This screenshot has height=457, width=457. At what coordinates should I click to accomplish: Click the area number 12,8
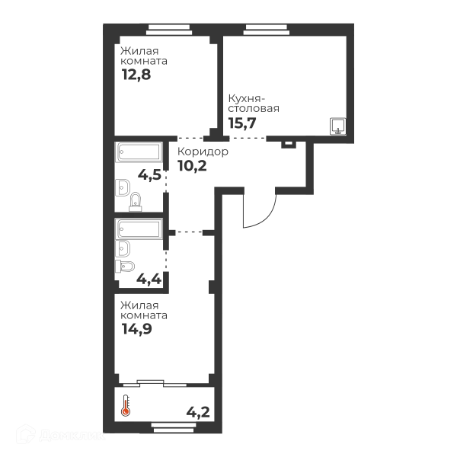136,75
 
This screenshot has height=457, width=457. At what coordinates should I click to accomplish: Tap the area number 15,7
242,123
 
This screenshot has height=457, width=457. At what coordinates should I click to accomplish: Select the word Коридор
203,152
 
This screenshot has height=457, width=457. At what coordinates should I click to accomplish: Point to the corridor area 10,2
193,166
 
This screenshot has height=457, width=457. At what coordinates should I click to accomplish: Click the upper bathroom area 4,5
149,175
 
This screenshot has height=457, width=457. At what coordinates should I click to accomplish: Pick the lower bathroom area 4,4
149,280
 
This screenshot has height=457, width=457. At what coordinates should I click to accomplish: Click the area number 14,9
137,329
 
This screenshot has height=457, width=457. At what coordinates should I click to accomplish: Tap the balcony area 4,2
198,412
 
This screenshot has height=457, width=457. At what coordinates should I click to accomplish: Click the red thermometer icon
126,405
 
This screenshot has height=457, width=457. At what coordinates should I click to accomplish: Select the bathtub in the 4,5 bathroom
139,152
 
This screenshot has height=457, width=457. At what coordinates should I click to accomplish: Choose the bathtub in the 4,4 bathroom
139,228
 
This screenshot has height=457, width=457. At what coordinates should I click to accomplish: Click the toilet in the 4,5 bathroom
136,202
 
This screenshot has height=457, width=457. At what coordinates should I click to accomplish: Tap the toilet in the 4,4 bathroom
126,266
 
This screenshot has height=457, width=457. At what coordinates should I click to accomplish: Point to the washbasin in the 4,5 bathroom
123,187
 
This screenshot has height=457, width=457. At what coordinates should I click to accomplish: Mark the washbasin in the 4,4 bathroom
123,248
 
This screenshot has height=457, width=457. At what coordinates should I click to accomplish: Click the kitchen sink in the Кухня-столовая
337,126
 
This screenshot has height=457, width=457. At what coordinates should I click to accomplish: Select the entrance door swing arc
264,216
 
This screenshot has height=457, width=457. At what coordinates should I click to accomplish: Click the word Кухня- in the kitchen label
244,99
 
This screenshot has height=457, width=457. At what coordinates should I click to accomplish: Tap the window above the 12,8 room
169,30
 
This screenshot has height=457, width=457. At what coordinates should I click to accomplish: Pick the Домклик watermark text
72,436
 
